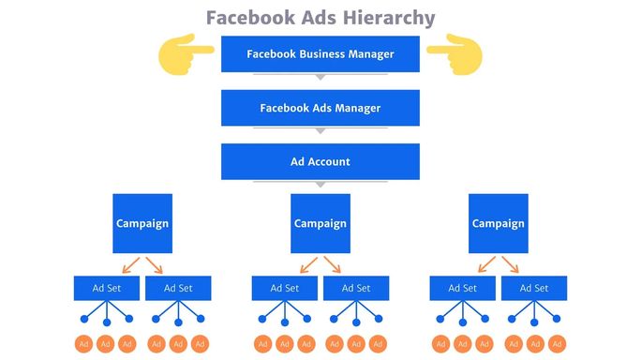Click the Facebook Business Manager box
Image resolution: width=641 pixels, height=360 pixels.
[320, 53]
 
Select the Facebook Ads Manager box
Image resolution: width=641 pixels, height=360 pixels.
[320, 108]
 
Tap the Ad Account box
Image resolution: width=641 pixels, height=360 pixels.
[320, 161]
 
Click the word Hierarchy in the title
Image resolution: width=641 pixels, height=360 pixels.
[388, 18]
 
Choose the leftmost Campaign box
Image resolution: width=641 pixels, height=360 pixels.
[142, 223]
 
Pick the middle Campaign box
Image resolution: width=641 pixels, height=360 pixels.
[320, 223]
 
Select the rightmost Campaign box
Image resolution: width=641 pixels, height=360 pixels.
[498, 223]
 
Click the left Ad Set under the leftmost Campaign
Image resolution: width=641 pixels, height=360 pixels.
[106, 288]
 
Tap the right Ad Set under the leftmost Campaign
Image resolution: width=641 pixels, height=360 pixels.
[178, 288]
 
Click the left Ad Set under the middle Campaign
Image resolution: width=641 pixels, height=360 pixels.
[284, 288]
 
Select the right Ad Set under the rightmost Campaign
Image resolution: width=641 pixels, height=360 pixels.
[534, 288]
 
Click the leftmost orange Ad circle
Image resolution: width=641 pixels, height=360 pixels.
[83, 344]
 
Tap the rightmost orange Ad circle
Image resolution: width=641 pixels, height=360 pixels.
[557, 344]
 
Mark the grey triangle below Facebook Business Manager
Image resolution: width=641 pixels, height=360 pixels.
[320, 78]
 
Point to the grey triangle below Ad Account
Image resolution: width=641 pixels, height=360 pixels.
[320, 185]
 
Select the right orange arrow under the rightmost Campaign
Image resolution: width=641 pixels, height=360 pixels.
[512, 264]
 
